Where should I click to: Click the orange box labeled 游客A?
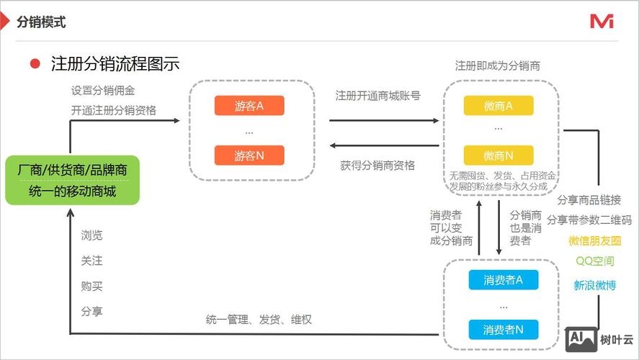pos(249,106)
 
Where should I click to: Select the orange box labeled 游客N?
pos(249,156)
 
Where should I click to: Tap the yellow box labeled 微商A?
pos(498,106)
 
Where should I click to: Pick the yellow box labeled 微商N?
pos(498,156)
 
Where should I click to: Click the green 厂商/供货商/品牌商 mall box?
pos(72,181)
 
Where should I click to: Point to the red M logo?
pos(602,22)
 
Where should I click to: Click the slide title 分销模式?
pos(41,22)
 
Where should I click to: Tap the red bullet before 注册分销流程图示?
pos(35,63)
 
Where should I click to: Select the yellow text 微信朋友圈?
pos(594,240)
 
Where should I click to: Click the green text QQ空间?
pos(594,261)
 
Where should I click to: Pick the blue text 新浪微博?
pos(594,285)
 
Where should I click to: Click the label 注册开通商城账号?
pos(377,95)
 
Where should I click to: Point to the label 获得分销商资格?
pos(377,165)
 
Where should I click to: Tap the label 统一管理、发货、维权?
pos(259,319)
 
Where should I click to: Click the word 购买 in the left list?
pos(91,286)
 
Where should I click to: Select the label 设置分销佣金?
pos(102,91)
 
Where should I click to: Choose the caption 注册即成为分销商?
pos(498,66)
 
